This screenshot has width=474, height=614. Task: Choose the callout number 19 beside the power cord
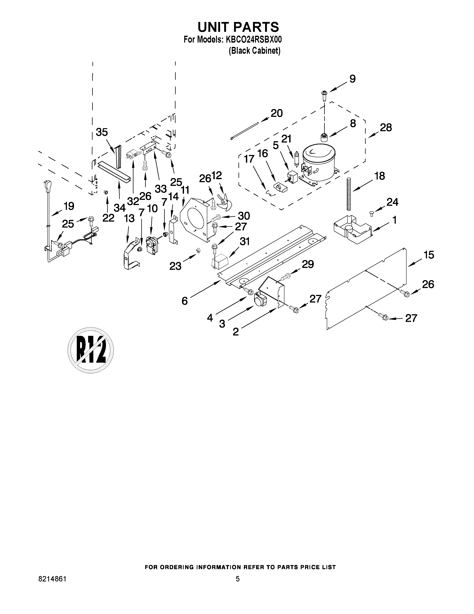click(x=69, y=206)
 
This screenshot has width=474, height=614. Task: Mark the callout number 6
click(x=185, y=301)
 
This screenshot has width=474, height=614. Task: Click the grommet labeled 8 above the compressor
click(x=324, y=138)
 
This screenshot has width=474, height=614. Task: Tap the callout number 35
click(x=102, y=132)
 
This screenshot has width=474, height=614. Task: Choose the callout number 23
click(x=175, y=266)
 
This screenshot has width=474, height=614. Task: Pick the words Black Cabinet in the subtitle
click(x=255, y=51)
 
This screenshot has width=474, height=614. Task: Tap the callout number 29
click(x=308, y=264)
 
